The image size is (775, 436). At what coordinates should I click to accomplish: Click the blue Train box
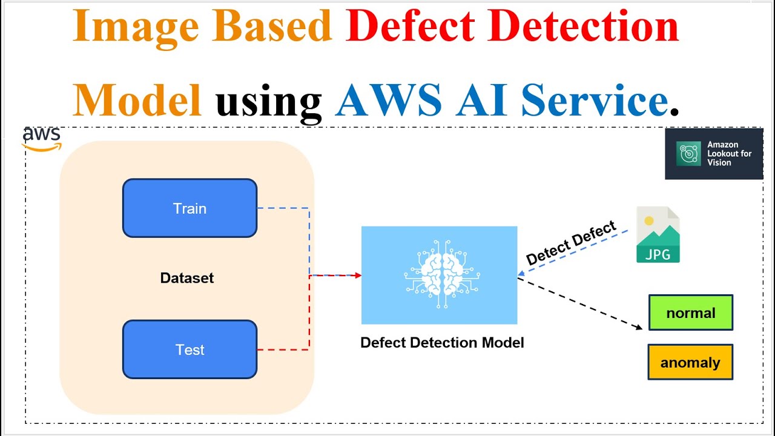point(190,208)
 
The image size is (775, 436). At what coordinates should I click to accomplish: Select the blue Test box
point(190,349)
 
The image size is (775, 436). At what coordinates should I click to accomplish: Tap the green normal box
point(691,312)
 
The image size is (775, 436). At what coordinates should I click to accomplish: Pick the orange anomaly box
point(690,362)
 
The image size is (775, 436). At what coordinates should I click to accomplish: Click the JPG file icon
point(658,235)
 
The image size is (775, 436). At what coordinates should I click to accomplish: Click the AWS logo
point(42,138)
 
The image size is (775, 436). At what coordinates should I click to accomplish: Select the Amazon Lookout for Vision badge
point(714,154)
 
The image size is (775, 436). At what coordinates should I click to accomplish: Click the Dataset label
point(186,278)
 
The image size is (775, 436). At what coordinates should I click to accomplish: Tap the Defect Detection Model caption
point(442,343)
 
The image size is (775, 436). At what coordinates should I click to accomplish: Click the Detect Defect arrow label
point(570,243)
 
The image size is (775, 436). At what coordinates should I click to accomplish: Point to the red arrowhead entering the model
point(358,276)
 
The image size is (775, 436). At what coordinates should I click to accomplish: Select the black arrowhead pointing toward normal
point(639,328)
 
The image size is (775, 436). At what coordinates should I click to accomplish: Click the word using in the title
point(269,100)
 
